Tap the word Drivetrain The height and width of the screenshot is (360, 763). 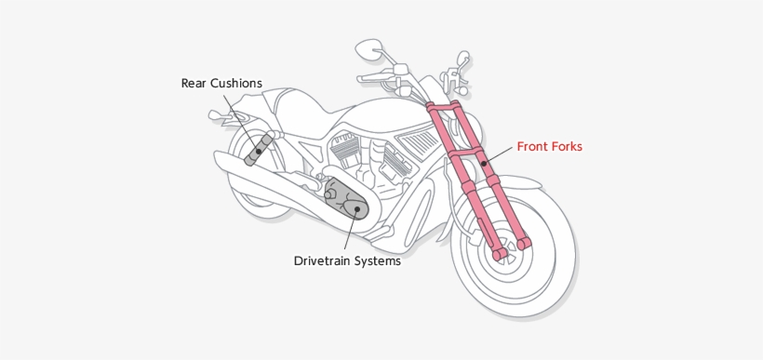tap(327, 261)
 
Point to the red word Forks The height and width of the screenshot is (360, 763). tap(572, 146)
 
